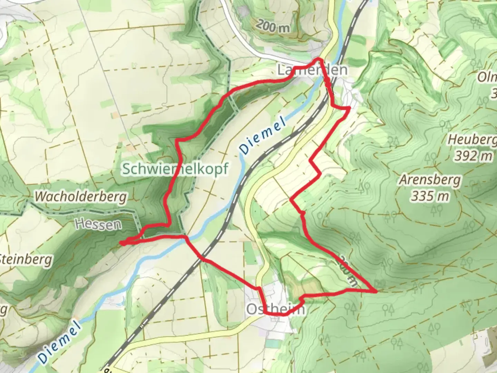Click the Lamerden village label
312,70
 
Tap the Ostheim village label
276,309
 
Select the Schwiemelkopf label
175,169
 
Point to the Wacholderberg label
81,197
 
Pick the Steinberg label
26,259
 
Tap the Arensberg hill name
430,180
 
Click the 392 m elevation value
473,156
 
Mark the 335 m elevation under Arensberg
430,197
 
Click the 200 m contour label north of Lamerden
273,26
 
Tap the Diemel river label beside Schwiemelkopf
263,136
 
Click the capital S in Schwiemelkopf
126,169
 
